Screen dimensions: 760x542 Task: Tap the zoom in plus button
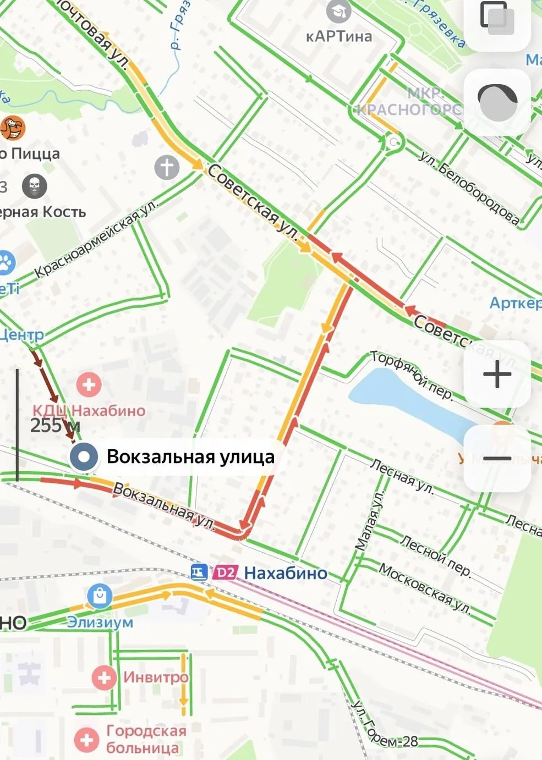497,375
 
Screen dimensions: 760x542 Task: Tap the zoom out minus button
497,458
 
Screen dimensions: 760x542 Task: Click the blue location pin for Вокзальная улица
84,456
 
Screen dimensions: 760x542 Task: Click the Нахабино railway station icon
199,572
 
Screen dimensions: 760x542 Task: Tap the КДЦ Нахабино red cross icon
89,384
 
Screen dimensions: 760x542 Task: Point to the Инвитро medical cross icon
104,677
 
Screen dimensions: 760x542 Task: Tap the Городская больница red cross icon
86,739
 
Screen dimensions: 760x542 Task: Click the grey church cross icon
167,167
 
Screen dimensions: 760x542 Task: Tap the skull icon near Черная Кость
35,186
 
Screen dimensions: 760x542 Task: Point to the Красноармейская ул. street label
96,239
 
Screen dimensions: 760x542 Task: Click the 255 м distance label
55,425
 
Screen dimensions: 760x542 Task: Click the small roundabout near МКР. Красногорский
394,143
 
